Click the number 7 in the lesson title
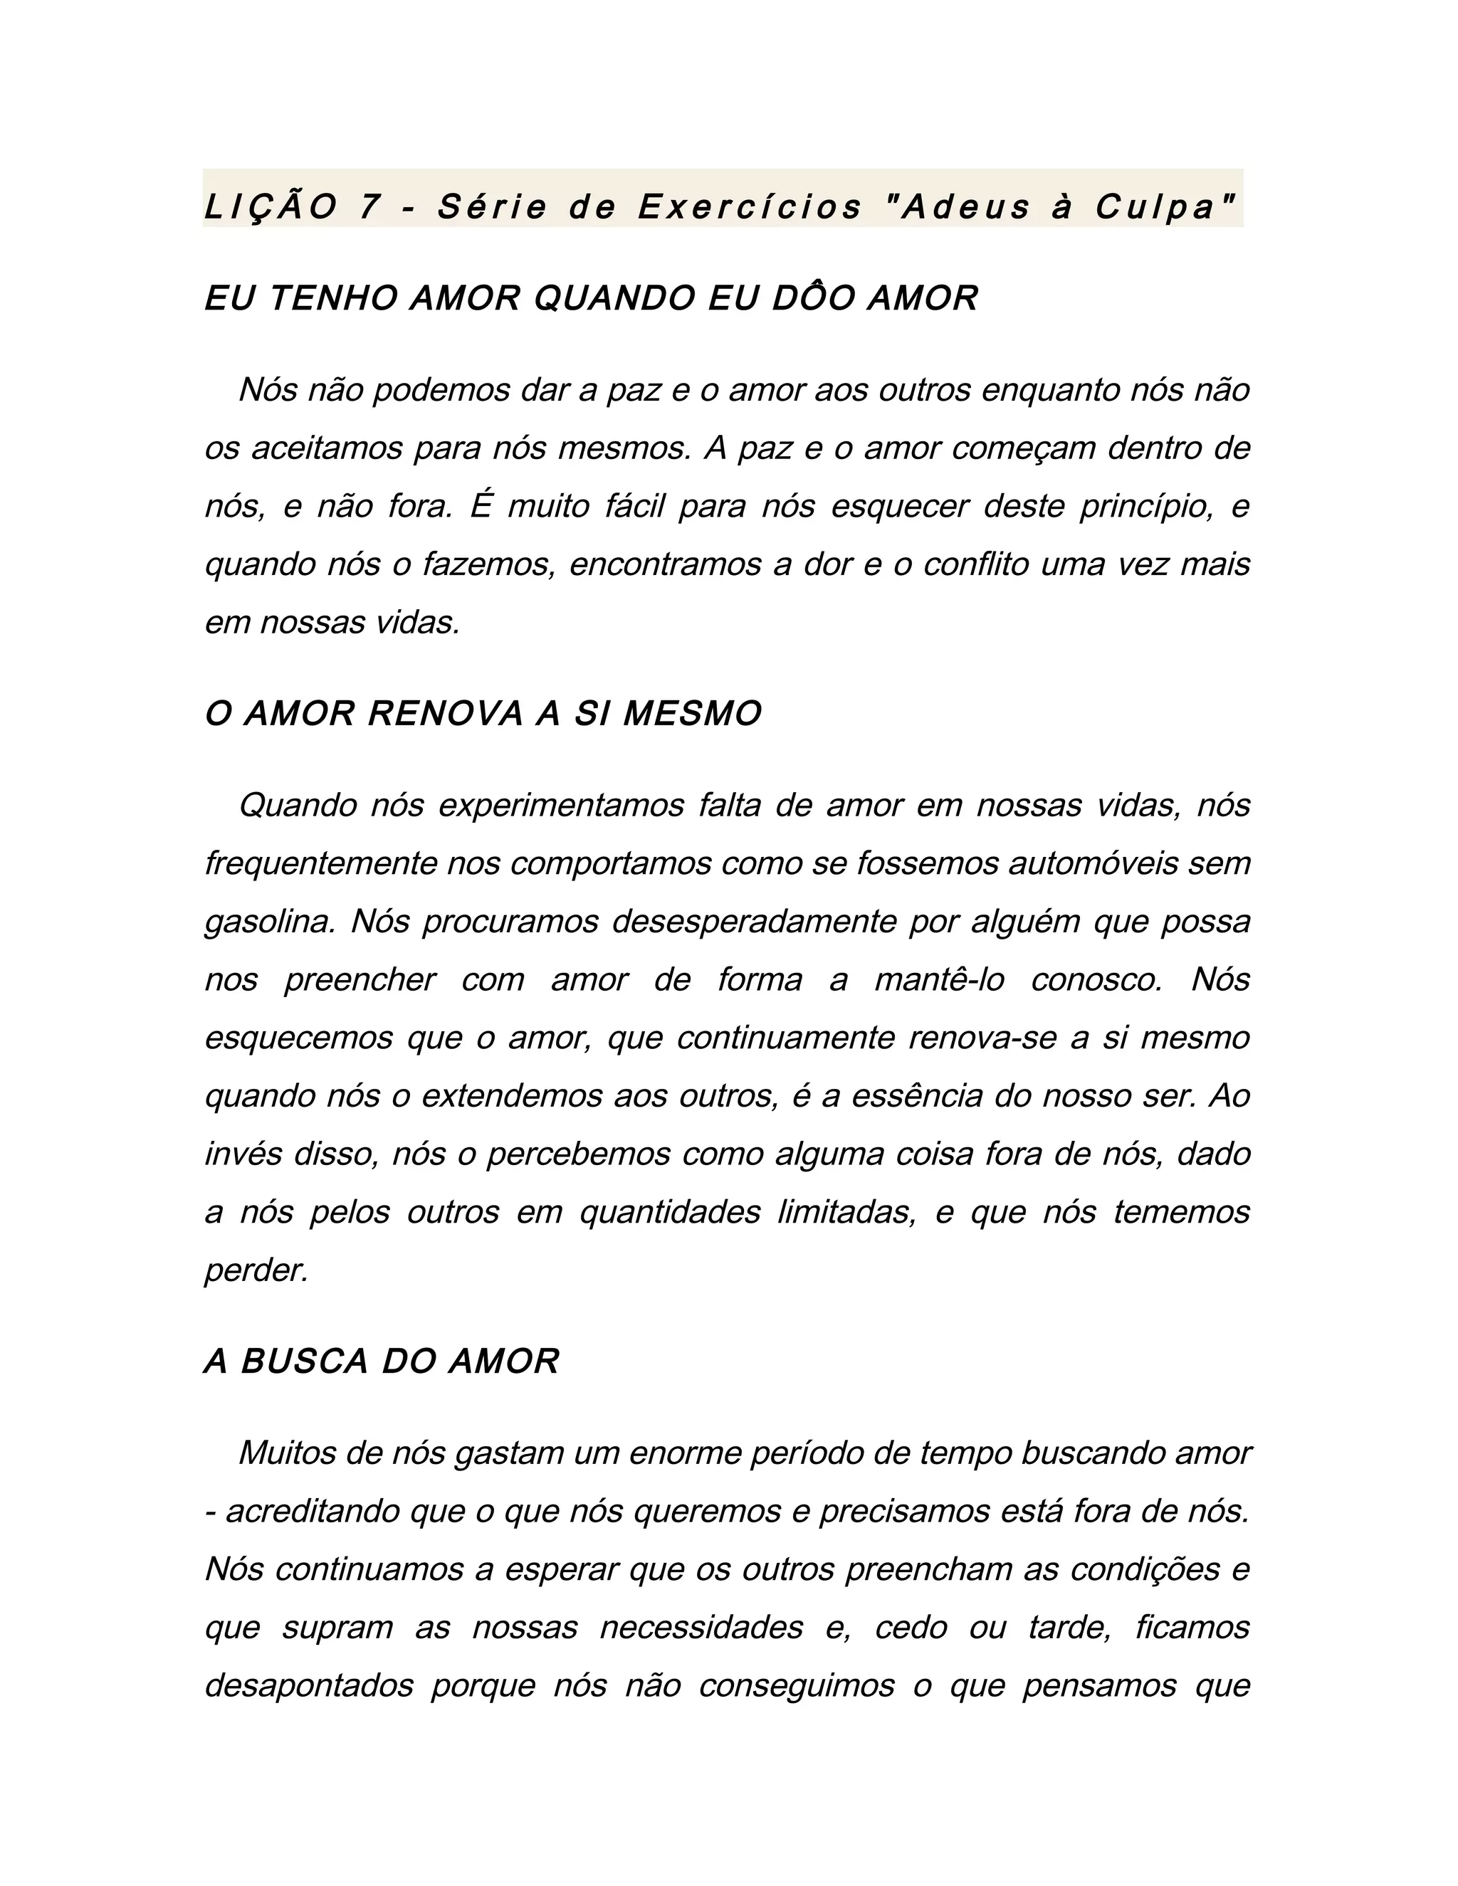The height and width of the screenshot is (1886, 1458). tap(369, 207)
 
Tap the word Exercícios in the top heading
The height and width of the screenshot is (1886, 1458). tap(750, 207)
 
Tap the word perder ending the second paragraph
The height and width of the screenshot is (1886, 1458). tap(256, 1271)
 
